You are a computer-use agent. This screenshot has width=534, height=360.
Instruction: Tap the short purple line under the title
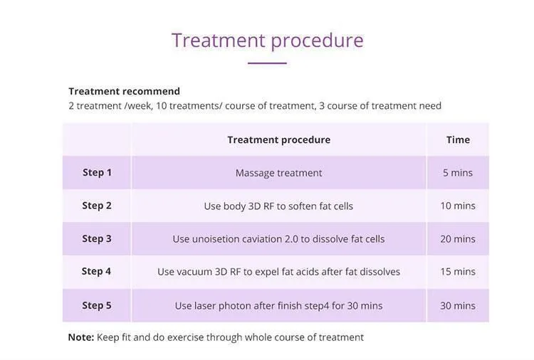click(x=267, y=63)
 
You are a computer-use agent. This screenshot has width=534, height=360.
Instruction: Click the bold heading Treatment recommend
click(x=125, y=91)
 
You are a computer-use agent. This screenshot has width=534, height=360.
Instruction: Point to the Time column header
click(x=458, y=139)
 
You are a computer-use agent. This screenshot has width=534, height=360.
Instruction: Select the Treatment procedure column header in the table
click(x=279, y=140)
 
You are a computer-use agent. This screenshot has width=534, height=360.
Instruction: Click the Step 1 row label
click(x=97, y=172)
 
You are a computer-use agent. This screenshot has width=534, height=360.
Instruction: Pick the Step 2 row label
click(x=97, y=206)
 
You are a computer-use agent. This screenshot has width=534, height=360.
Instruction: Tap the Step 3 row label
click(x=97, y=238)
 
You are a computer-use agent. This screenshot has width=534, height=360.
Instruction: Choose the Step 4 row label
click(x=96, y=271)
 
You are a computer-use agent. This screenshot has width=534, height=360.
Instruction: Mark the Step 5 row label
click(x=97, y=305)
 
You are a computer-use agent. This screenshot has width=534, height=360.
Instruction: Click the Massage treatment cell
click(x=279, y=173)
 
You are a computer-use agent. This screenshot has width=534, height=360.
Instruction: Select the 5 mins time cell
click(x=458, y=172)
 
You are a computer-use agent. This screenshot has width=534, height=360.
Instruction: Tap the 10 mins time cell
click(x=458, y=206)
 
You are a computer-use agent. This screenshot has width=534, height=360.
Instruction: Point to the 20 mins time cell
click(x=458, y=239)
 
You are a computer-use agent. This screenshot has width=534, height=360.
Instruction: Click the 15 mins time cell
click(x=458, y=272)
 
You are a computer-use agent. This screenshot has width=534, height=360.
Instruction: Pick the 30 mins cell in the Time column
click(x=458, y=305)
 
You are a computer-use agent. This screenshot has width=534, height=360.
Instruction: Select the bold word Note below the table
click(x=81, y=337)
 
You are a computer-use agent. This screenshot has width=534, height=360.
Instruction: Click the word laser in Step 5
click(x=204, y=305)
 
